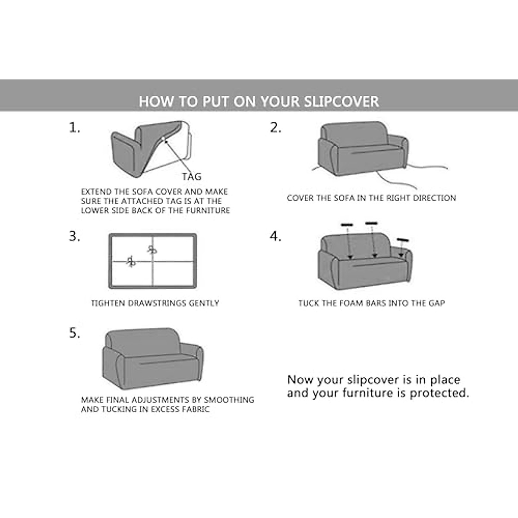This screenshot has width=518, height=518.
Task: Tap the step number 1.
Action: (x=74, y=128)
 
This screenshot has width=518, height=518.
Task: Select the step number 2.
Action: (x=275, y=128)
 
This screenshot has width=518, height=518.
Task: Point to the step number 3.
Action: (x=74, y=237)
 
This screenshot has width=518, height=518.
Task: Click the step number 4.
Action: (x=275, y=237)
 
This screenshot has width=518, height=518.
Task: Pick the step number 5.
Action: (x=74, y=334)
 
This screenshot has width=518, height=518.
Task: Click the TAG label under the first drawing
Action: (x=191, y=177)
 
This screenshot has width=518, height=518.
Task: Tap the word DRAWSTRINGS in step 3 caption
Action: (x=149, y=303)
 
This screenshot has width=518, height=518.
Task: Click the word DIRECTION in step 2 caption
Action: (x=435, y=198)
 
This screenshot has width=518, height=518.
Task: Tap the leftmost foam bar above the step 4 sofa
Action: (x=347, y=225)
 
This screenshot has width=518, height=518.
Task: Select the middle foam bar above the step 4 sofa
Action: (x=371, y=223)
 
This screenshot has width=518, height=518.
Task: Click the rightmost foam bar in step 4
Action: (x=403, y=240)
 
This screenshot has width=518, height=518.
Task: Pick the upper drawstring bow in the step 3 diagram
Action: (x=152, y=249)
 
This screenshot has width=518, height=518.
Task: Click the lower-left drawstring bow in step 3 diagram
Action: (x=131, y=261)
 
